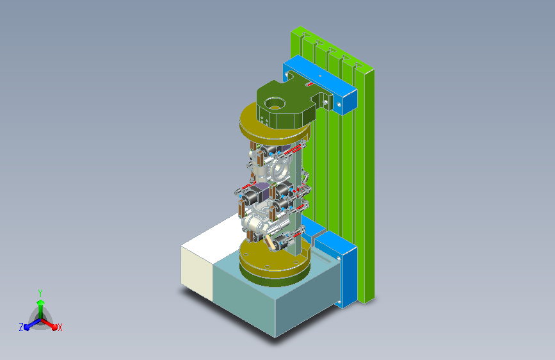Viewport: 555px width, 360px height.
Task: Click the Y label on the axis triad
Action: [40, 293]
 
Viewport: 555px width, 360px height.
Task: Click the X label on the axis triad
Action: [60, 328]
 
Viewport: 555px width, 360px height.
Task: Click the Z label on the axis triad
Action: [21, 327]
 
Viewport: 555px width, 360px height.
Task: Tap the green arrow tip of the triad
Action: [40, 302]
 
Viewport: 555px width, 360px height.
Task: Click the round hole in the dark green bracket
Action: [275, 102]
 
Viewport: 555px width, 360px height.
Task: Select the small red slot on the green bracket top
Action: [309, 85]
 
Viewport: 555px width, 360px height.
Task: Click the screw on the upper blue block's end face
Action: [339, 104]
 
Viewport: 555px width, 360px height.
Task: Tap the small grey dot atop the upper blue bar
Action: [320, 76]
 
